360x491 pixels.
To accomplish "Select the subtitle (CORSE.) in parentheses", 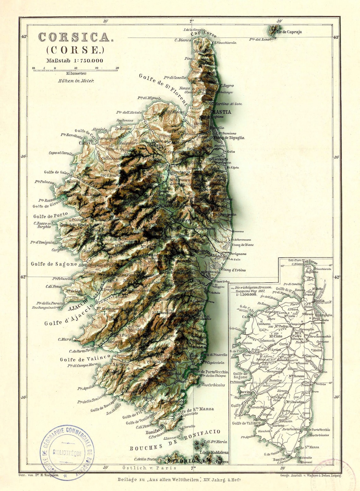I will point(75,50).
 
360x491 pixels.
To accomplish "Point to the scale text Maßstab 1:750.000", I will point(75,61).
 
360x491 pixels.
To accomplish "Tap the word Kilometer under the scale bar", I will point(75,73).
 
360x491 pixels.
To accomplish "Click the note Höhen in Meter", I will point(76,81).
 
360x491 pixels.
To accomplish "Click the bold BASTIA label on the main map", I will point(221,112).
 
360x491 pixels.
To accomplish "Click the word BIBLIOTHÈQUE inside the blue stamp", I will point(67,453).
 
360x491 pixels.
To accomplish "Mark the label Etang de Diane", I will point(243,245).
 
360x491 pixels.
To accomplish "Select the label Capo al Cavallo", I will point(61,153).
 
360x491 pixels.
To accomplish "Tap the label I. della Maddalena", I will point(216,452).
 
